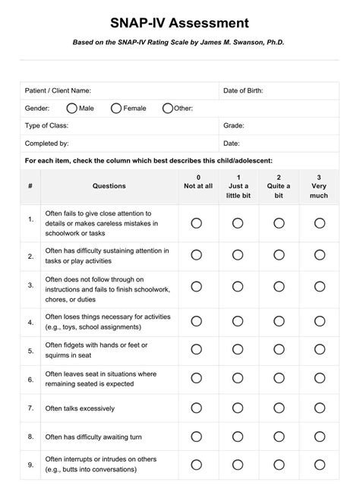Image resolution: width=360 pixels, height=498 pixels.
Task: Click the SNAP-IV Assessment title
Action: click(179, 24)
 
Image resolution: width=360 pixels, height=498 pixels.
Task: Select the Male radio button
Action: click(71, 109)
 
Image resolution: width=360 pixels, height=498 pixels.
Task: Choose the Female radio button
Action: click(116, 109)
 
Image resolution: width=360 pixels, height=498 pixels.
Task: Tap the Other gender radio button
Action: click(168, 109)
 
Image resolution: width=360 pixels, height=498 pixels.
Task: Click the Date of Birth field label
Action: click(243, 91)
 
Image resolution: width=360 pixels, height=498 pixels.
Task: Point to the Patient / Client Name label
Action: click(58, 91)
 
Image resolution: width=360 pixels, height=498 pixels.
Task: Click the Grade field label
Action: click(233, 125)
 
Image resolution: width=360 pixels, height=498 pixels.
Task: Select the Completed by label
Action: click(47, 143)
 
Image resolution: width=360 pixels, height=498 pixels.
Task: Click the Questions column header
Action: click(109, 186)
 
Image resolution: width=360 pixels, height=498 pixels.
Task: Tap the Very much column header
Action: click(319, 186)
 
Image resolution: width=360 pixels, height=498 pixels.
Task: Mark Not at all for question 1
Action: click(197, 223)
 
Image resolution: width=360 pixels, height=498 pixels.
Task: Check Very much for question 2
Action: click(320, 255)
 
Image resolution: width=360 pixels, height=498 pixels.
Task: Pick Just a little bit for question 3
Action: click(238, 286)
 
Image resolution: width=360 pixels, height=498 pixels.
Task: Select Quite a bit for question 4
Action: click(279, 321)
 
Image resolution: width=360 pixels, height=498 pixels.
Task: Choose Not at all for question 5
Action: click(197, 350)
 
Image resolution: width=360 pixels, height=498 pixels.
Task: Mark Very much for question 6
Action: click(320, 379)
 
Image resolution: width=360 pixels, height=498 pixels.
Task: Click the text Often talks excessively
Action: click(81, 408)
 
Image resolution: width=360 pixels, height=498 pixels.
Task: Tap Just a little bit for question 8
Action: click(238, 437)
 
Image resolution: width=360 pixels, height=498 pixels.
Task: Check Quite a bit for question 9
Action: click(279, 464)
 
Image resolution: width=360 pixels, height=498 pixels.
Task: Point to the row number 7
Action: click(30, 408)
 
